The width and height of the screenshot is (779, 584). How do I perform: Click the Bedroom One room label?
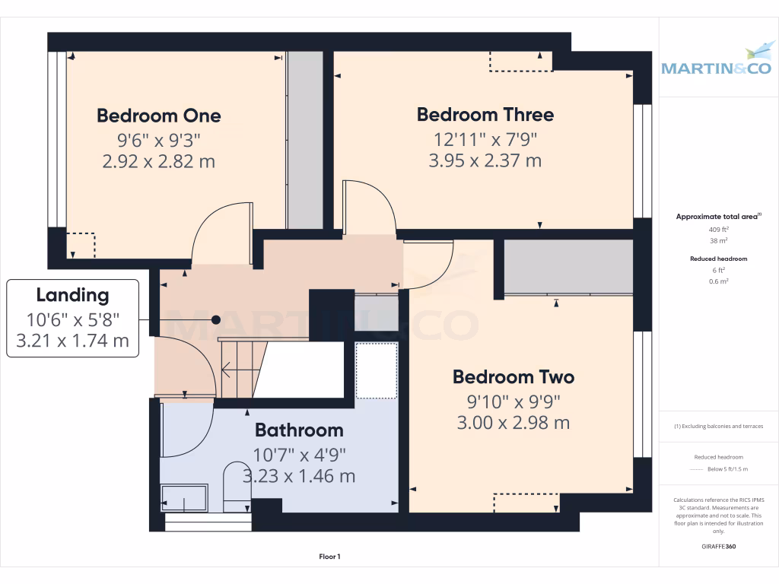click(158, 116)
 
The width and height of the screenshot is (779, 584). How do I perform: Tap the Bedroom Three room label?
click(485, 115)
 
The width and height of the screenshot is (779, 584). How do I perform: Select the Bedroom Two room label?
click(513, 376)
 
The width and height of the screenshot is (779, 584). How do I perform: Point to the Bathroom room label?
click(299, 430)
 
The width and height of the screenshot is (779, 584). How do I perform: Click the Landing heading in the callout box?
click(72, 295)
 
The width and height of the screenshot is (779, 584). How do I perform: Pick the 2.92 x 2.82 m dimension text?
click(158, 161)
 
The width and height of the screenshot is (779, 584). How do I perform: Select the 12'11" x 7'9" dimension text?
click(485, 138)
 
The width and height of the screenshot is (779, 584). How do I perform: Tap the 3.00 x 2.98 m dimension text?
click(513, 423)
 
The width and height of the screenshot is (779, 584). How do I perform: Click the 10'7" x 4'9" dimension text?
click(299, 455)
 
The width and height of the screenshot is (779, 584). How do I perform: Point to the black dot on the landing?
click(216, 320)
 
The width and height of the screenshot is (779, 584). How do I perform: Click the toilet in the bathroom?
click(237, 487)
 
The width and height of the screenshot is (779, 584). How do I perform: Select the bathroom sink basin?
click(184, 498)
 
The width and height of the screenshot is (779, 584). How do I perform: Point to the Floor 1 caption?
click(329, 557)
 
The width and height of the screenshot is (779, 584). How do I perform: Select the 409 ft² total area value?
click(718, 229)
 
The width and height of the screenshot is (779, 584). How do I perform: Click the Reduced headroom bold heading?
click(718, 259)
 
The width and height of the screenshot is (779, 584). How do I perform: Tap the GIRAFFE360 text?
click(718, 546)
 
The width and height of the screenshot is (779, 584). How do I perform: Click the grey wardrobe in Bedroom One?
click(305, 140)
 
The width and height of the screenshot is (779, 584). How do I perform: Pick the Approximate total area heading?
click(718, 217)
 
